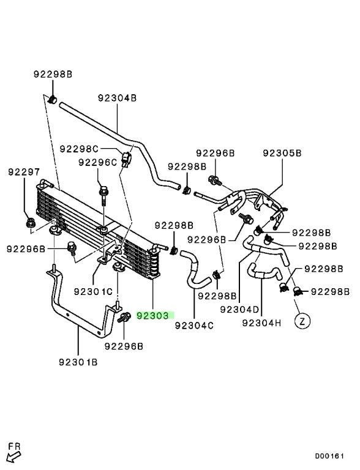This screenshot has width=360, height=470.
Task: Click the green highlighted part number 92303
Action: coord(153,315)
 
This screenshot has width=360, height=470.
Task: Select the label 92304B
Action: coord(117,98)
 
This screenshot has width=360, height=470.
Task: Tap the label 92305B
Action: coord(282,153)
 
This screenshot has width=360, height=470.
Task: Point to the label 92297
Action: coord(24,172)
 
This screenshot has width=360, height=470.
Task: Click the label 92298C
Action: coord(79,149)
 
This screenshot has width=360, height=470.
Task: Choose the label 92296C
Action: coord(98,162)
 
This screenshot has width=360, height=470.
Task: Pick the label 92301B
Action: coord(78,362)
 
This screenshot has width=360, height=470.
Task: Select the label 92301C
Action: coord(93,291)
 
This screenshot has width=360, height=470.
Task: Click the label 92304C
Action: coord(194,325)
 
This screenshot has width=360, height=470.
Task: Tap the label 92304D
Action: coord(239,309)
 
